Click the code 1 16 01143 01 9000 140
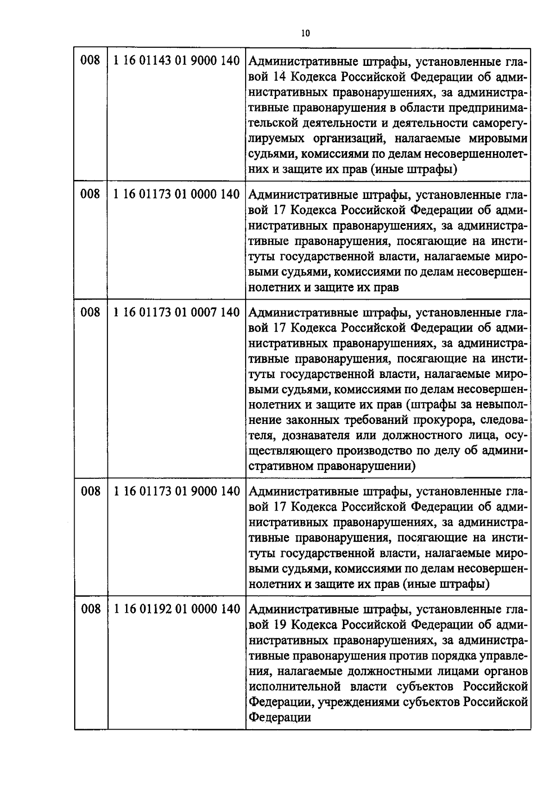coord(176,61)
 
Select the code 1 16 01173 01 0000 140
coord(176,194)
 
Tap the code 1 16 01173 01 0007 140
coord(176,313)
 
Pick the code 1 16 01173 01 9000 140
coord(176,491)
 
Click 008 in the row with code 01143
coord(90,61)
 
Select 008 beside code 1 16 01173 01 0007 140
coord(90,313)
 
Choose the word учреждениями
coord(356,702)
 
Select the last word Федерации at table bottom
coord(280,718)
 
